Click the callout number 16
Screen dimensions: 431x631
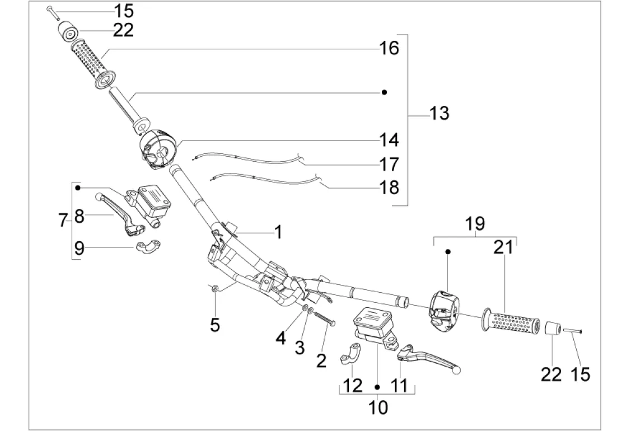tap(389, 48)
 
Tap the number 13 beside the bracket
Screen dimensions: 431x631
tap(440, 114)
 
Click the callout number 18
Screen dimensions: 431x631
tap(389, 187)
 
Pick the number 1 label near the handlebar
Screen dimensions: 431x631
tap(278, 231)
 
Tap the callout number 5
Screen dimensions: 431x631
tap(216, 325)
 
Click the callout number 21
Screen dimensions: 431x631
tap(503, 247)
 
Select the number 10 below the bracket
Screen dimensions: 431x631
tap(378, 407)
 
